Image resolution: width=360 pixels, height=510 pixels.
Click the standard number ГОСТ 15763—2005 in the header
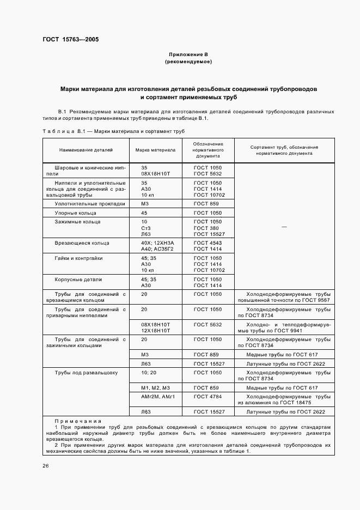pyautogui.click(x=70, y=39)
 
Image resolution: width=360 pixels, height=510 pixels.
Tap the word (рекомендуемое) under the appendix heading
pyautogui.click(x=188, y=62)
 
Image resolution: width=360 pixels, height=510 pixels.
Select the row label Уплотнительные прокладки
pyautogui.click(x=82, y=203)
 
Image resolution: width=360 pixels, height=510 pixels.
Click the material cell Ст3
pyautogui.click(x=145, y=228)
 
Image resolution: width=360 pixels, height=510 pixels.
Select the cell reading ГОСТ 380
pyautogui.click(x=205, y=228)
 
